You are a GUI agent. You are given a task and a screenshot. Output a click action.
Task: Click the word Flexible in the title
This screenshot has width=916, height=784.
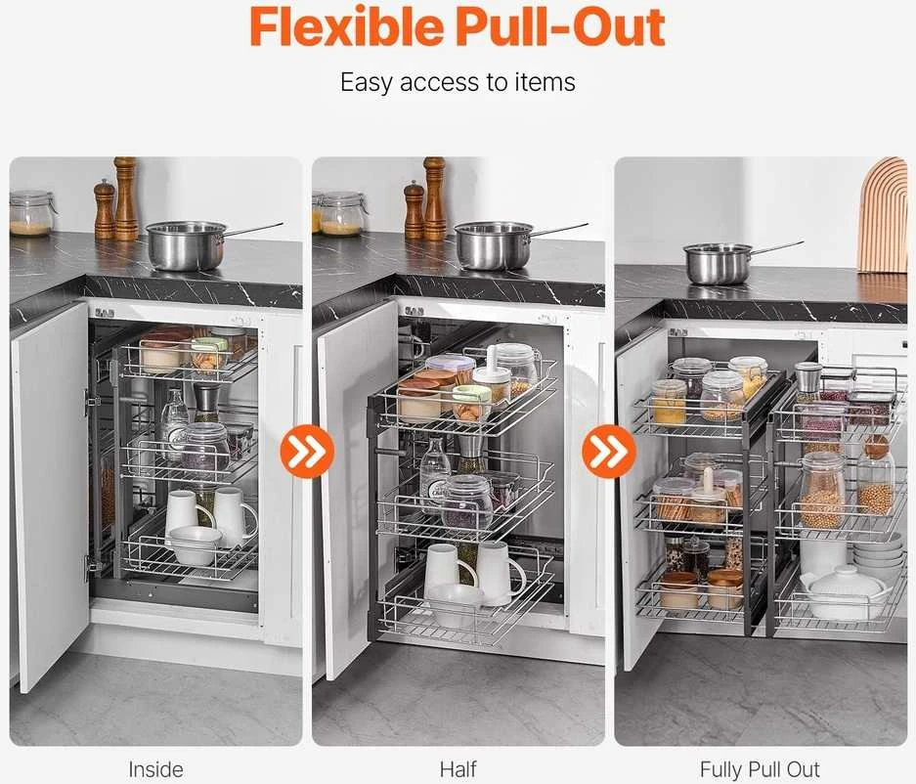[346, 26]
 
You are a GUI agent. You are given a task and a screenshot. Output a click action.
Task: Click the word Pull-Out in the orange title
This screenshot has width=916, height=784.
[560, 26]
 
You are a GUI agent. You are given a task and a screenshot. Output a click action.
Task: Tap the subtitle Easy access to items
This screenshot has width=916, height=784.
[458, 82]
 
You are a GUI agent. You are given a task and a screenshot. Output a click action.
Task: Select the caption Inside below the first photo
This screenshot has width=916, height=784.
[155, 768]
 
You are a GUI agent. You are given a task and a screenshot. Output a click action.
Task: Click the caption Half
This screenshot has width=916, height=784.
[458, 768]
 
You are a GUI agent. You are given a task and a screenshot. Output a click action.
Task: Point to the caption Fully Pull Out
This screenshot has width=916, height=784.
[760, 768]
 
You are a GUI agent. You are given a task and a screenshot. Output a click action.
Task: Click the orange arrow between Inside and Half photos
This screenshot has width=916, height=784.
[307, 451]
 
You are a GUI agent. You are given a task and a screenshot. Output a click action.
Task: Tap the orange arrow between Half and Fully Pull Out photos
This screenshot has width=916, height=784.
[609, 451]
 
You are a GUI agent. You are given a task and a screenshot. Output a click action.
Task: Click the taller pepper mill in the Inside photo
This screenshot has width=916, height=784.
[125, 198]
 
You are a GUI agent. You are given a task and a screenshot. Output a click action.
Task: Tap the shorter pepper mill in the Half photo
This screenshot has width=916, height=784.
[414, 210]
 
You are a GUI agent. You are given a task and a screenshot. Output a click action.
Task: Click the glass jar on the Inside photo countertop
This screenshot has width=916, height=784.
[30, 213]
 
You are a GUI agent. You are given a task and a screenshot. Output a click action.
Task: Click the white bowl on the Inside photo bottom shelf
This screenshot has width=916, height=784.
[196, 544]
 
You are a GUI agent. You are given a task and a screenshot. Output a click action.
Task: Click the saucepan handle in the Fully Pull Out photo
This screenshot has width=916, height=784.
[777, 247]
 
